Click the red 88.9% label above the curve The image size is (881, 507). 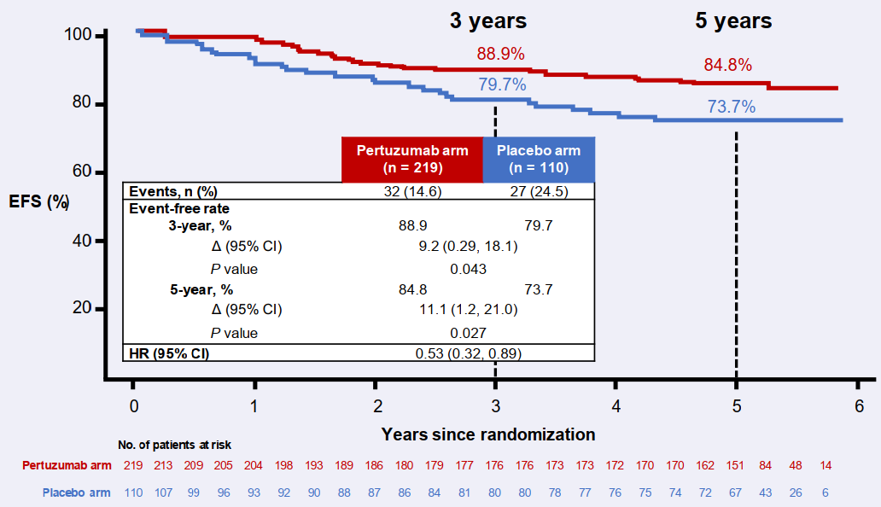(500, 54)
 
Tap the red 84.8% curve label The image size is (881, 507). (728, 64)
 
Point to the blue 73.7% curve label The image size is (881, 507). (732, 107)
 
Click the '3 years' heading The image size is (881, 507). (488, 20)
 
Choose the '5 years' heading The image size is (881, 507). (733, 20)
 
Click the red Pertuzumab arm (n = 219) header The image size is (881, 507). (412, 159)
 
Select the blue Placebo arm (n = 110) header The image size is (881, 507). (539, 159)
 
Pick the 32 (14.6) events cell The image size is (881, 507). (412, 191)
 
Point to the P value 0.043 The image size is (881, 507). (469, 269)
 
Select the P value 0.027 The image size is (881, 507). (469, 333)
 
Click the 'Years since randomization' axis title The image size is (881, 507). (488, 434)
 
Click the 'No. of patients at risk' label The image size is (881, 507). (174, 445)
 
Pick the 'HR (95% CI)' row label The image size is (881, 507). (169, 353)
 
